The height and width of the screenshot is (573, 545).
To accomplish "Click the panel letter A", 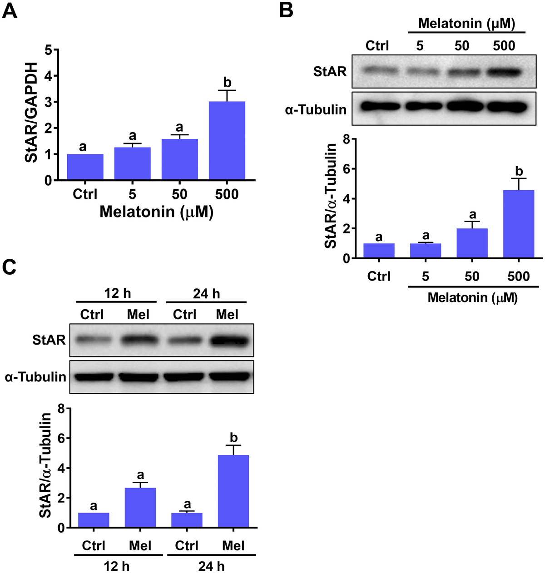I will click(x=10, y=10).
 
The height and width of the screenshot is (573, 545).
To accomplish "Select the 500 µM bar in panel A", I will click(x=227, y=140).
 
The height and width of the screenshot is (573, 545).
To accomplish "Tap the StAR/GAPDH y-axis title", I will click(x=31, y=112).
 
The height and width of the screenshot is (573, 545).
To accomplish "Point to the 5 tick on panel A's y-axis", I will click(x=48, y=49).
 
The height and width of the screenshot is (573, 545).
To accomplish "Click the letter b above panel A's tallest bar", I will click(x=227, y=83).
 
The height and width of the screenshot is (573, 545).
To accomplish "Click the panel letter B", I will click(x=286, y=10).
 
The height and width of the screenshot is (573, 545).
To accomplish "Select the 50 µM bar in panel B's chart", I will click(x=472, y=243).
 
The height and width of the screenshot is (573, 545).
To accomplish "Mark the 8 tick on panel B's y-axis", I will click(x=346, y=139).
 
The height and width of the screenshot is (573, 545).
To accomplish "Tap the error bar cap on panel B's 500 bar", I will click(x=519, y=178).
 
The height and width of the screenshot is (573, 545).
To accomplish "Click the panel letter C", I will click(x=10, y=267).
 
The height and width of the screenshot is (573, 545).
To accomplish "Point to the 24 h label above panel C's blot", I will click(x=206, y=294).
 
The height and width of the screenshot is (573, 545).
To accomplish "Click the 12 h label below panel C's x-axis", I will click(x=117, y=566).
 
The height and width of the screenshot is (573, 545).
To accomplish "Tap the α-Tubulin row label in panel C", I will click(x=35, y=377).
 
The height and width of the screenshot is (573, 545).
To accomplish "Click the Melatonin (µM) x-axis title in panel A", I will click(x=156, y=212).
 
